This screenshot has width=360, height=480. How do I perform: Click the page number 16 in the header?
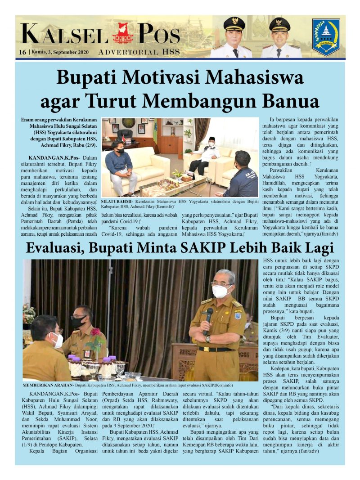22,52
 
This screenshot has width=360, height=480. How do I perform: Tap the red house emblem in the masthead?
123,34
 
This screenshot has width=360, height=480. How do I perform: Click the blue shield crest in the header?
326,37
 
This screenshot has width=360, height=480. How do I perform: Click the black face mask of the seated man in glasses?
78,322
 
